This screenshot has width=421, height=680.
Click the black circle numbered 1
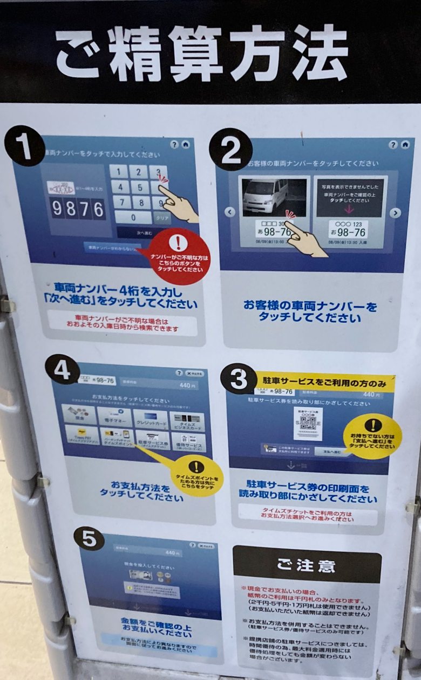(x=24, y=145)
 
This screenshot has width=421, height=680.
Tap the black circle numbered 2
(x=231, y=149)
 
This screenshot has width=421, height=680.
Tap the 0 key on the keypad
(x=132, y=217)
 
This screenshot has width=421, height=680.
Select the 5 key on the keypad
(x=139, y=187)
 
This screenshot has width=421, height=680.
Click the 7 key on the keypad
(x=122, y=202)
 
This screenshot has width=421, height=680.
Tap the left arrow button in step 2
(x=230, y=212)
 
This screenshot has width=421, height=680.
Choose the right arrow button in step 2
(x=396, y=213)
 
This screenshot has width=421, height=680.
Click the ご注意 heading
(x=307, y=565)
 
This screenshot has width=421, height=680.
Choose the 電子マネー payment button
(x=114, y=417)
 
